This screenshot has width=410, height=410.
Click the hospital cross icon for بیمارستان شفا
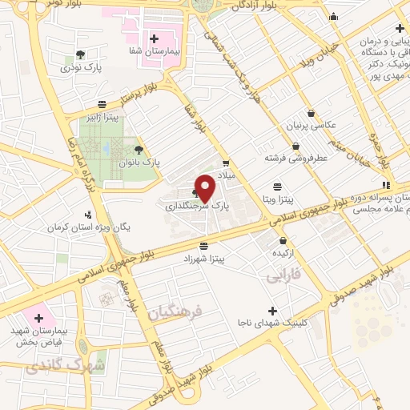[x=155, y=38]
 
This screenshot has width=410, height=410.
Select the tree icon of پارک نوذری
[x=79, y=55]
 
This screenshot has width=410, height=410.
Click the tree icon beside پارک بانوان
[x=139, y=150]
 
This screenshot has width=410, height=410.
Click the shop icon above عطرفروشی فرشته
[x=296, y=147]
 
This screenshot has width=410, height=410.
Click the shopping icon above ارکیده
[x=282, y=240]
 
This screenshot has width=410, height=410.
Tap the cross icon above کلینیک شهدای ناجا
[x=272, y=311]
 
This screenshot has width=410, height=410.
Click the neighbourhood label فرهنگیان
[x=177, y=311]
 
